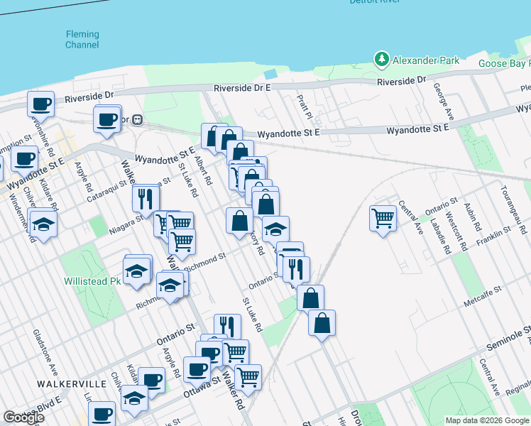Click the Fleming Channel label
click(82, 39)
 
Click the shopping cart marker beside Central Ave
click(383, 217)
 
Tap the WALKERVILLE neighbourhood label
click(72, 383)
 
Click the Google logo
click(23, 417)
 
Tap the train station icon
click(138, 119)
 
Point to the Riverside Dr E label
click(243, 87)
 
